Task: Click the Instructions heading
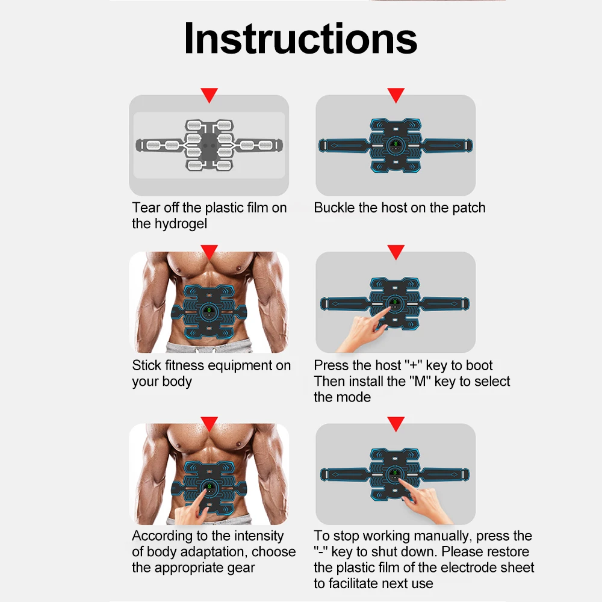[300, 39]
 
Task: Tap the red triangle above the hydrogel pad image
[209, 95]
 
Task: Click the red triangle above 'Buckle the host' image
[396, 95]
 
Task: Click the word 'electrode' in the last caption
[461, 568]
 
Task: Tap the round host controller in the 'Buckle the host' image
[396, 146]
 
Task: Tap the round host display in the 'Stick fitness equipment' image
[209, 312]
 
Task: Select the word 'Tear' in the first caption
[146, 208]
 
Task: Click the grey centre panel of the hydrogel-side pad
[209, 146]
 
